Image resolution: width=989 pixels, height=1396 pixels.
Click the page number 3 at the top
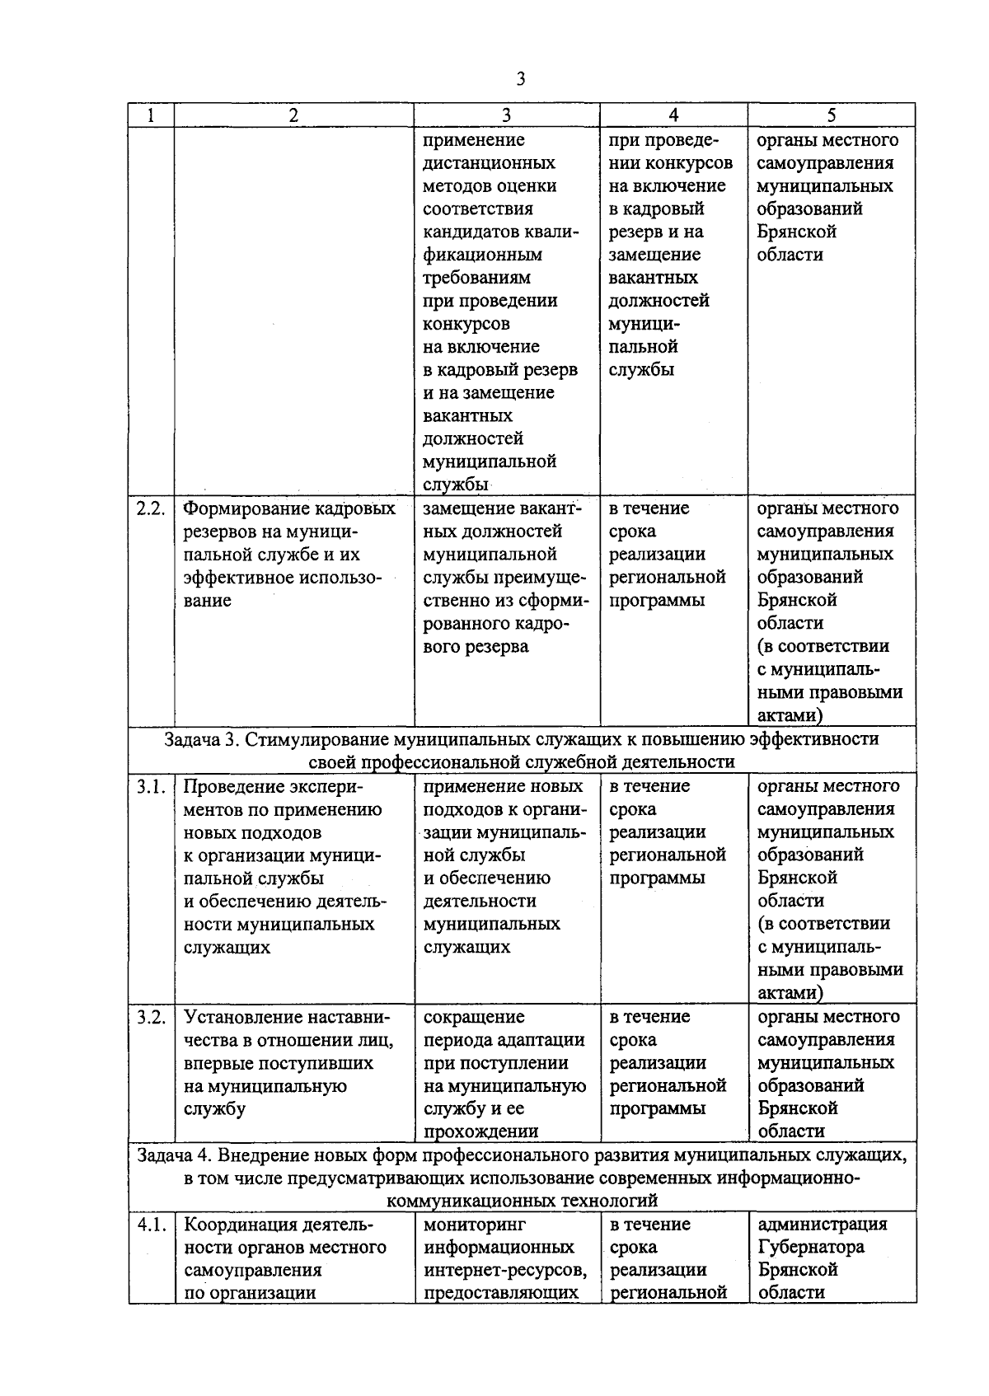tap(520, 79)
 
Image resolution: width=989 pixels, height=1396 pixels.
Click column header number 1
tap(150, 116)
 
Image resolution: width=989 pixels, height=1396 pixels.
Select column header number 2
tap(293, 116)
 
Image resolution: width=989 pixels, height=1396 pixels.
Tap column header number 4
tap(673, 116)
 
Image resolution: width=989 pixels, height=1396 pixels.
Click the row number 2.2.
tap(151, 508)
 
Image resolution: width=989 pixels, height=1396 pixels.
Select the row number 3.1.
tap(151, 786)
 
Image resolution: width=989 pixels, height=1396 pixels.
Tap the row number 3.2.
tap(151, 1017)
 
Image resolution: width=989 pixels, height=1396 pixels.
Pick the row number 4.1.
tap(151, 1225)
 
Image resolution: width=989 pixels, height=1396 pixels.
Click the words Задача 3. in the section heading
tap(201, 739)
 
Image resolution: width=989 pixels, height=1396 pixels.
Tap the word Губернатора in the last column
tap(810, 1247)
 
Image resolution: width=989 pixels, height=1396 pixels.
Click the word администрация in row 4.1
tap(822, 1225)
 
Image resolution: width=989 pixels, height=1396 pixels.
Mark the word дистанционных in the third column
tap(489, 163)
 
